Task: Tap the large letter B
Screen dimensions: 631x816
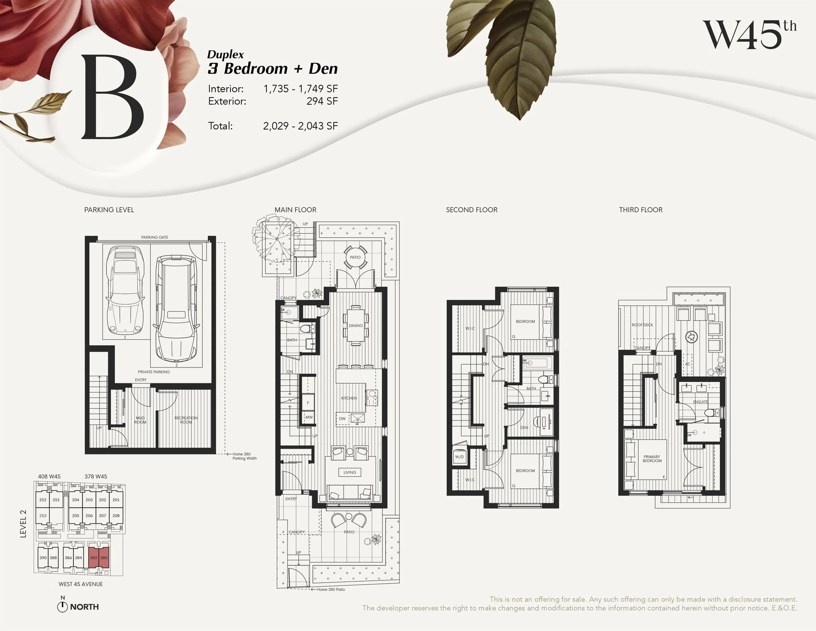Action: tap(112, 97)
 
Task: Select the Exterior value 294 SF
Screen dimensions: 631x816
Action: tap(322, 101)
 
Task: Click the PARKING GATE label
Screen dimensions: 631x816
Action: tap(155, 237)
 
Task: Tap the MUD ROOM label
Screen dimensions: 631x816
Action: tap(140, 420)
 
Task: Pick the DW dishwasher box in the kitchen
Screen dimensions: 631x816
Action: tap(342, 419)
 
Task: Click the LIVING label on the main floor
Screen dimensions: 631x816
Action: tap(350, 472)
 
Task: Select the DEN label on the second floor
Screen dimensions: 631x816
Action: tap(524, 428)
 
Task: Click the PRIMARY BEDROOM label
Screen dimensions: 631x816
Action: tap(652, 459)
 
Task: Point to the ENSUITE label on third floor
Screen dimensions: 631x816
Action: tap(700, 402)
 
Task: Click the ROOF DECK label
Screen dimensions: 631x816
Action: tap(642, 325)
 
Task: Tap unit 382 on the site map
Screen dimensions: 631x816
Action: tap(93, 558)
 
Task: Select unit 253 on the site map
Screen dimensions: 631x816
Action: tap(43, 516)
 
